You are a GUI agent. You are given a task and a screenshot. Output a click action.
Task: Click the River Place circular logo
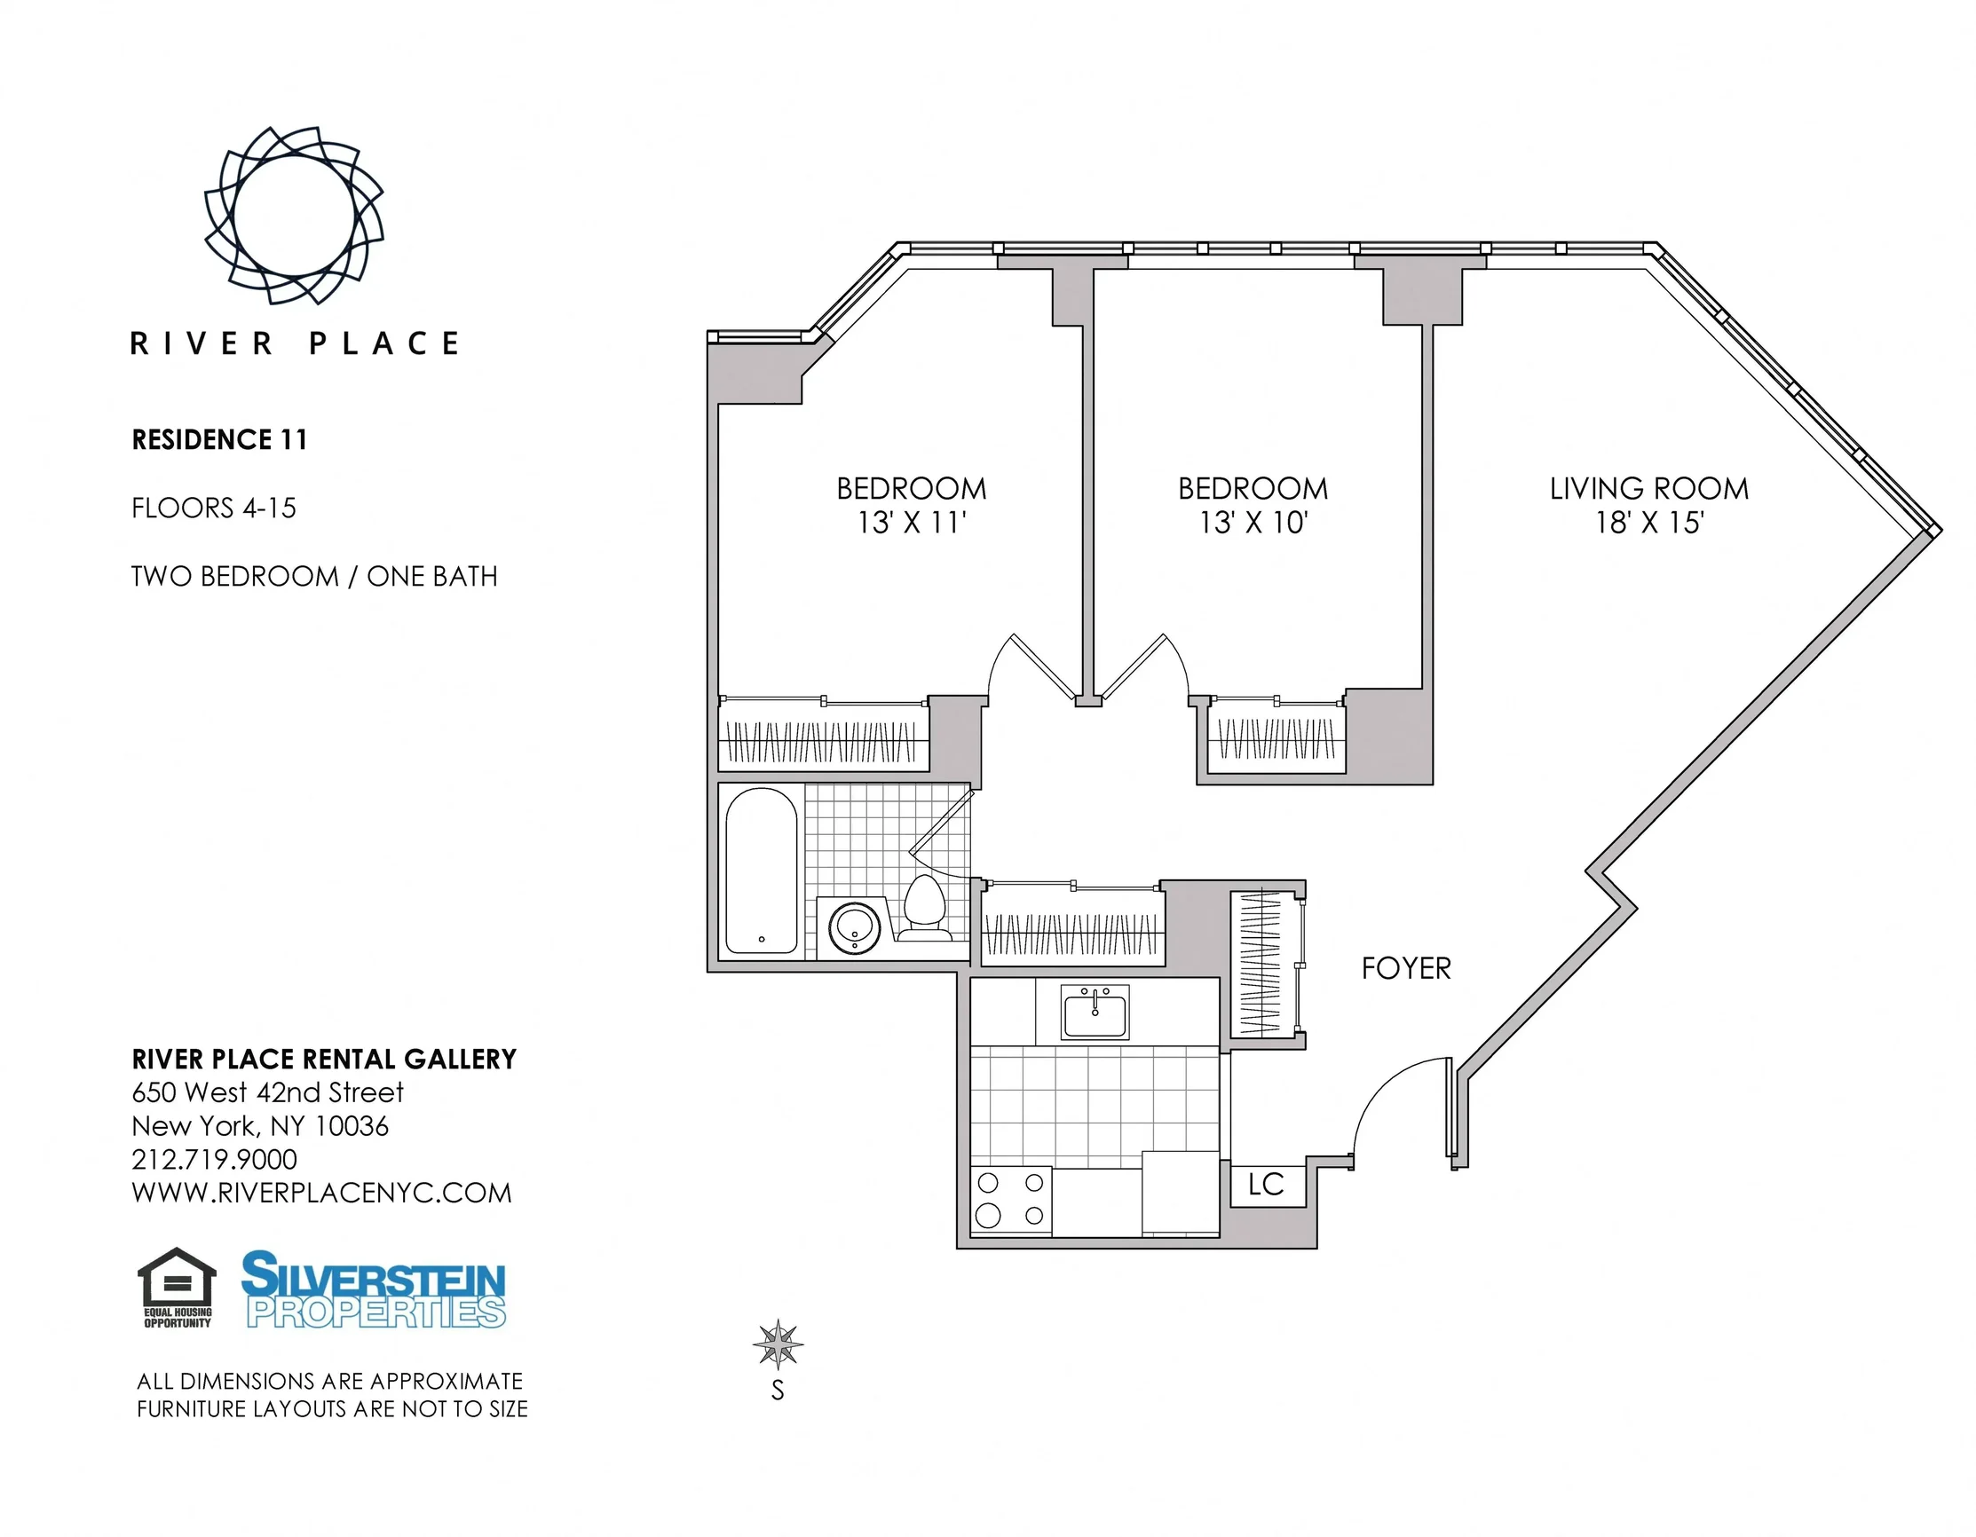(294, 216)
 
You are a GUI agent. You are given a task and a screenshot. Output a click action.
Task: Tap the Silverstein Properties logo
(374, 1289)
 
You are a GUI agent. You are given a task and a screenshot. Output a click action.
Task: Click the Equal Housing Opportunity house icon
(178, 1277)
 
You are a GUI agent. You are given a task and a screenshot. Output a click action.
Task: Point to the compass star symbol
(779, 1344)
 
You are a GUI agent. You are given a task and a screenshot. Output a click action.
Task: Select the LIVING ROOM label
(1648, 488)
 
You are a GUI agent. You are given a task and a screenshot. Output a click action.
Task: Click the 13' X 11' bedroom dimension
(912, 523)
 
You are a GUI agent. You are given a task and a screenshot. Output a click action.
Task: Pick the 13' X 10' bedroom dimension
(1253, 523)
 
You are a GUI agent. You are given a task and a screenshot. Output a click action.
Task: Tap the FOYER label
(1406, 969)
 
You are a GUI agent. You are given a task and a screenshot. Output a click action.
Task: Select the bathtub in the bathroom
(762, 871)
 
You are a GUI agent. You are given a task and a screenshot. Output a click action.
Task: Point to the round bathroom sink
(854, 927)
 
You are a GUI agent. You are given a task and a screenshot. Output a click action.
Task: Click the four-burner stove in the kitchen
(1010, 1200)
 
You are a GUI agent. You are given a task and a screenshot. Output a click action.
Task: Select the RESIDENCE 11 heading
(220, 439)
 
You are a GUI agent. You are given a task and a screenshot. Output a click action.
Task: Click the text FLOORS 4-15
(214, 508)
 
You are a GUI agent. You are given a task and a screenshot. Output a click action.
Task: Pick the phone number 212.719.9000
(215, 1160)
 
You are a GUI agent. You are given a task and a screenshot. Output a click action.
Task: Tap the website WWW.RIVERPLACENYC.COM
(322, 1194)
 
